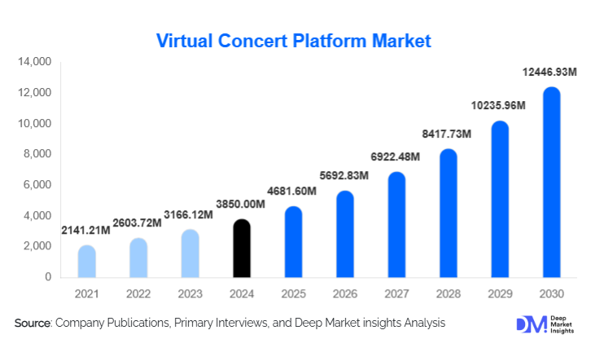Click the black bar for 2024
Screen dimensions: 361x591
pyautogui.click(x=243, y=249)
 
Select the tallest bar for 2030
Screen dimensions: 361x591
pyautogui.click(x=551, y=183)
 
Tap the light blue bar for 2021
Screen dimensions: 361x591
pyautogui.click(x=87, y=262)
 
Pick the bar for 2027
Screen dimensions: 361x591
pyautogui.click(x=396, y=225)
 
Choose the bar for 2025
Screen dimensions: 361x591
pyautogui.click(x=293, y=242)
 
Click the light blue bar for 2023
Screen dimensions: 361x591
pyautogui.click(x=190, y=253)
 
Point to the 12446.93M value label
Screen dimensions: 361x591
pyautogui.click(x=550, y=74)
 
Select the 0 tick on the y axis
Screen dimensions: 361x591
pyautogui.click(x=47, y=277)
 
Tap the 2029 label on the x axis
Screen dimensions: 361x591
pyautogui.click(x=499, y=293)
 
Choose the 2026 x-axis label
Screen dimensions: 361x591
pyautogui.click(x=344, y=293)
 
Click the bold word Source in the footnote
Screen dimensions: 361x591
pyautogui.click(x=33, y=324)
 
